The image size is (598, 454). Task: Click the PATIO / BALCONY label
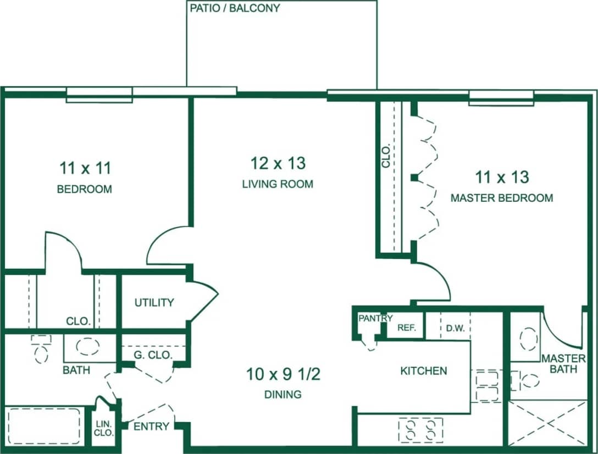coord(235,8)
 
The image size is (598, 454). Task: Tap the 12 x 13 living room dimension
coord(278,163)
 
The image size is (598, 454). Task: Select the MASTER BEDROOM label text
coord(501,198)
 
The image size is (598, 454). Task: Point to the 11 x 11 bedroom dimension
coord(85,168)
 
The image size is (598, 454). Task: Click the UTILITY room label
coord(154,302)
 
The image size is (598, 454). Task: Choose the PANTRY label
coord(375,318)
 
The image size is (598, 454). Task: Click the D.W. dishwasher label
coord(455,329)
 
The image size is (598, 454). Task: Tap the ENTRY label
coord(151,427)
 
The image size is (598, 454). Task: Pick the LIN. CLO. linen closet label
coord(104,428)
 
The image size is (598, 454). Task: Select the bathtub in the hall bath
coord(42,426)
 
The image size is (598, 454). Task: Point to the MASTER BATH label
coord(563,363)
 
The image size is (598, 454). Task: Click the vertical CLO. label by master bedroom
coord(386,156)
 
